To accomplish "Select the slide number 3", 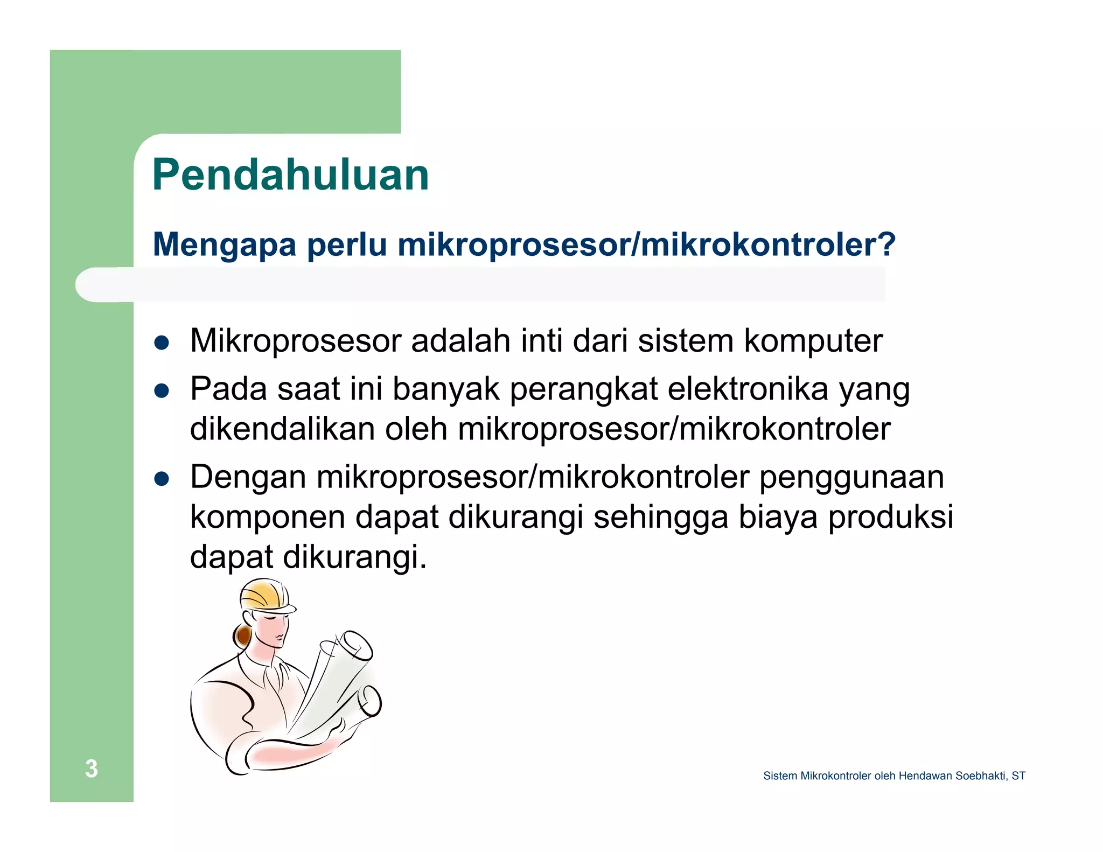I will coord(92,769).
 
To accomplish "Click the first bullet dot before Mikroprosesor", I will coord(162,343).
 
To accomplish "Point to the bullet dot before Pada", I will coord(162,390).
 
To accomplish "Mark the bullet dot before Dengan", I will coord(162,478).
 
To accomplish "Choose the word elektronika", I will coord(748,389).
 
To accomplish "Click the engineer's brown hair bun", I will coord(243,636).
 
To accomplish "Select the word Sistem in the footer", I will coord(779,776).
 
